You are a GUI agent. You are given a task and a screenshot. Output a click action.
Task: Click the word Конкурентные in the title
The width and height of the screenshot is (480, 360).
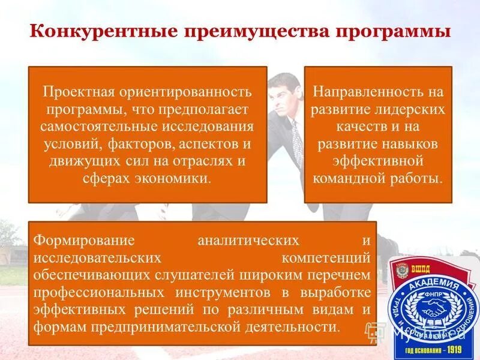pyautogui.click(x=86, y=31)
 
